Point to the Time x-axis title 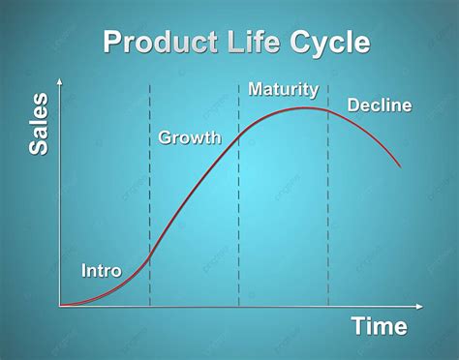[x=379, y=327]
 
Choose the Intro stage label [x=102, y=271]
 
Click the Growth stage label [x=189, y=138]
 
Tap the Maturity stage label [x=283, y=90]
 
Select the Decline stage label [x=380, y=105]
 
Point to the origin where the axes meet [x=60, y=306]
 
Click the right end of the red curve [x=400, y=165]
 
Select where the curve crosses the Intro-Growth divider [x=150, y=255]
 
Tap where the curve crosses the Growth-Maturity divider [x=239, y=135]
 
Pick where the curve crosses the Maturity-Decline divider [x=328, y=110]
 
